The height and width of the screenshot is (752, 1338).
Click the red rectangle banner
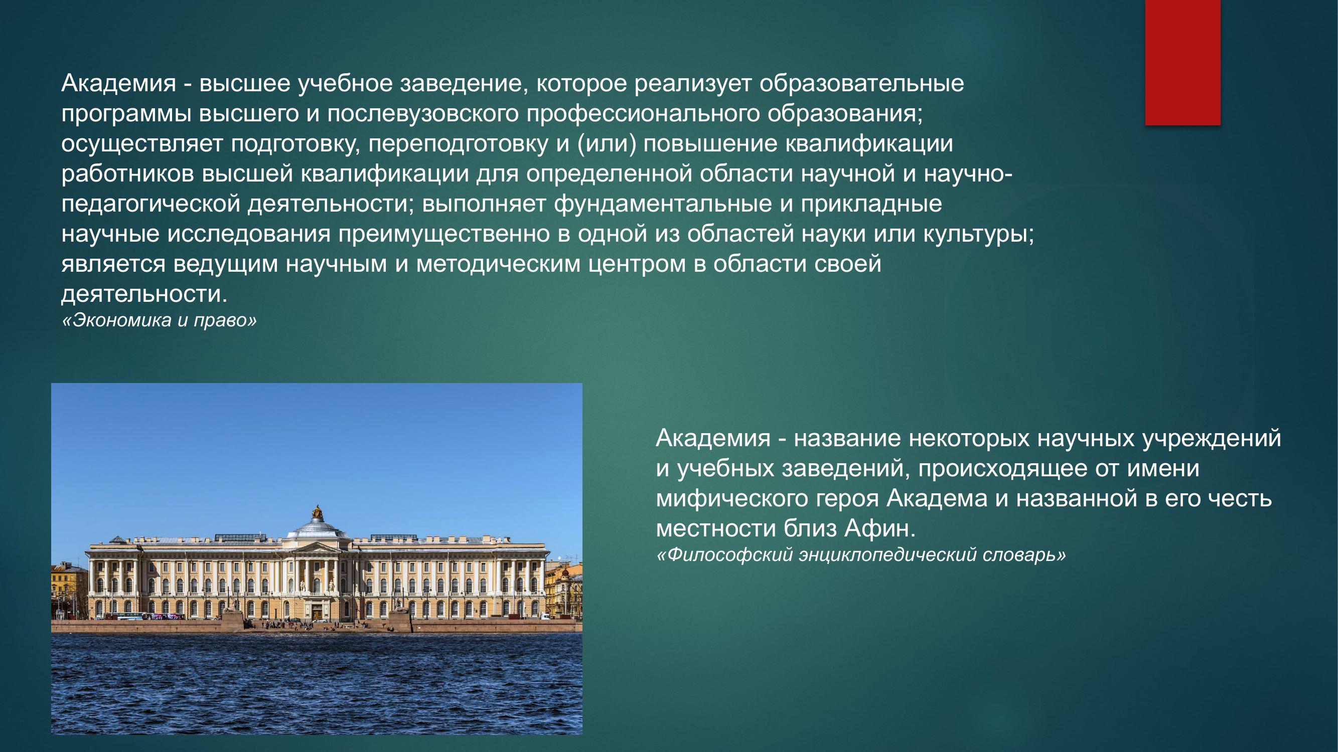(1182, 62)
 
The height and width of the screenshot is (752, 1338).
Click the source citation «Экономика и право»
(159, 320)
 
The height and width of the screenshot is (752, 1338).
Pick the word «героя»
(847, 499)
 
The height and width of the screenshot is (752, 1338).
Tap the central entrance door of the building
(317, 613)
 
